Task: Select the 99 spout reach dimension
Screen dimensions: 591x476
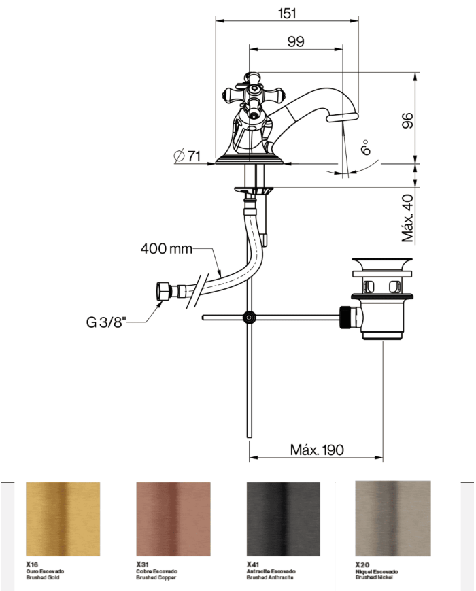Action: tap(295, 41)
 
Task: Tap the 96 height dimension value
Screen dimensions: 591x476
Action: tap(406, 121)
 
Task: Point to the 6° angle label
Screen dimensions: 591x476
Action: tap(367, 147)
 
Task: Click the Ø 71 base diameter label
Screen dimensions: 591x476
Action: tap(187, 156)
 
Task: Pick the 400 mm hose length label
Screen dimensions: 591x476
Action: tap(167, 248)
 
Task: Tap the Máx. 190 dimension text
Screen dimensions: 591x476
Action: tap(317, 450)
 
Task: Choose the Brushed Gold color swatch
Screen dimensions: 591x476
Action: tap(63, 519)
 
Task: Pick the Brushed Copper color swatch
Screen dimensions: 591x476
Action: tap(173, 519)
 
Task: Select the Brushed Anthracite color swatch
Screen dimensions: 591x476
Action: tap(282, 519)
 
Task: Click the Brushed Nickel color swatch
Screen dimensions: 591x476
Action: tap(392, 518)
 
